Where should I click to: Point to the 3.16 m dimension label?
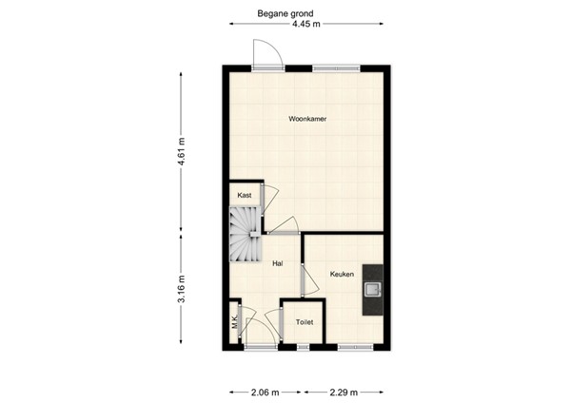tap(181, 288)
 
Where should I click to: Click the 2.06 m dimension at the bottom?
tap(266, 392)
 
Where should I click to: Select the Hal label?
tap(278, 263)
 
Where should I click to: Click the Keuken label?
tap(342, 275)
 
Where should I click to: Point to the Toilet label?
tap(305, 322)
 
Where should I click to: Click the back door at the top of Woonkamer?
tap(265, 54)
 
